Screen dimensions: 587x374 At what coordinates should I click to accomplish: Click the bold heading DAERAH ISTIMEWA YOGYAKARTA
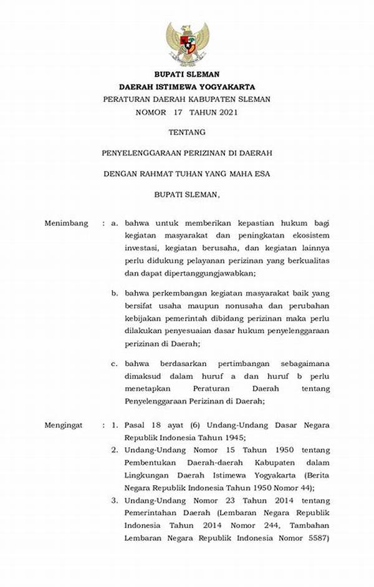click(187, 86)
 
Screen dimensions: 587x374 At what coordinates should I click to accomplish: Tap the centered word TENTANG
click(187, 132)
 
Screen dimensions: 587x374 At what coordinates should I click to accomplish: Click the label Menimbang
click(66, 223)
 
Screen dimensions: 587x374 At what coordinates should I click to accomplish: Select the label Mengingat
click(64, 425)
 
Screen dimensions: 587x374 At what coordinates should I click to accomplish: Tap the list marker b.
click(115, 293)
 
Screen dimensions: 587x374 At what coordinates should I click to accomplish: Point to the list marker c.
click(115, 363)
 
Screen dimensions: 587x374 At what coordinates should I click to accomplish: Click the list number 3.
click(115, 500)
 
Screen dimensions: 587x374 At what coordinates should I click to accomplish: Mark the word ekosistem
click(310, 235)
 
